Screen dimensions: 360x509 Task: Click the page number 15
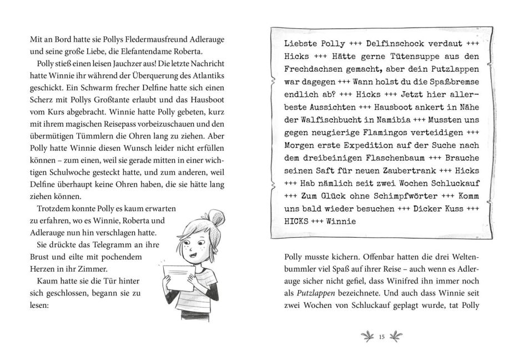(x=381, y=336)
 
